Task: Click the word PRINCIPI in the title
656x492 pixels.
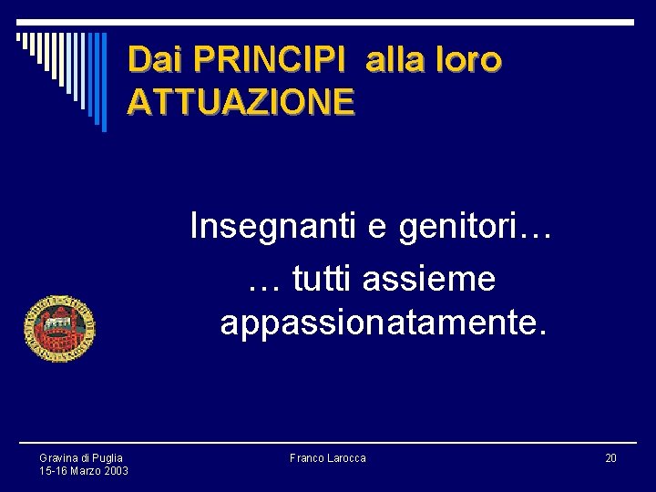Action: pyautogui.click(x=271, y=60)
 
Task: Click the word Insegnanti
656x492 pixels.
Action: pyautogui.click(x=274, y=225)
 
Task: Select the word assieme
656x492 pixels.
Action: pyautogui.click(x=428, y=279)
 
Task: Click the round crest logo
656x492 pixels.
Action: pyautogui.click(x=60, y=329)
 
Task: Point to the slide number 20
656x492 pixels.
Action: pyautogui.click(x=610, y=457)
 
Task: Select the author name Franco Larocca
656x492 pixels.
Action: pyautogui.click(x=327, y=457)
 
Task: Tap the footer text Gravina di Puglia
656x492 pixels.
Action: pyautogui.click(x=81, y=457)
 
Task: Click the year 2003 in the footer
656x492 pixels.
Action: pyautogui.click(x=116, y=471)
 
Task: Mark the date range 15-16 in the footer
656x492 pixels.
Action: pyautogui.click(x=54, y=471)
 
